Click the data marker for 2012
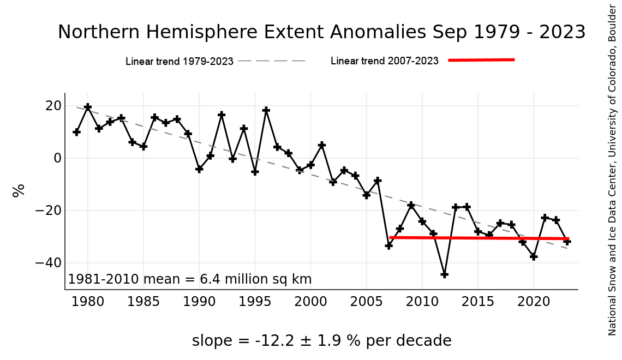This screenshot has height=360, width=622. [445, 274]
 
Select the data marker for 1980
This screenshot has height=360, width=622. [88, 107]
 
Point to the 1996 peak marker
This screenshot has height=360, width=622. [266, 110]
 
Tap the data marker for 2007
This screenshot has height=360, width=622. [389, 245]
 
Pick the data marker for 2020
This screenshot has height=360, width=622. [534, 256]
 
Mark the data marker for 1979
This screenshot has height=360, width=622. [76, 132]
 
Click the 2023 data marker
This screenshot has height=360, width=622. [567, 241]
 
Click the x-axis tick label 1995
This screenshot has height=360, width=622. [255, 301]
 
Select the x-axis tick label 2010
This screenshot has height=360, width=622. [422, 301]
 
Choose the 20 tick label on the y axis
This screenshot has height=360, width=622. [52, 106]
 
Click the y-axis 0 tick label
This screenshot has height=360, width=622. [56, 158]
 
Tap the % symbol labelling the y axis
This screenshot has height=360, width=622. [19, 190]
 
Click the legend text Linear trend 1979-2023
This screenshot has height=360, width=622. [180, 61]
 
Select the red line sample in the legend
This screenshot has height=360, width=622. [481, 60]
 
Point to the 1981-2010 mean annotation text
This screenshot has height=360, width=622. [190, 280]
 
